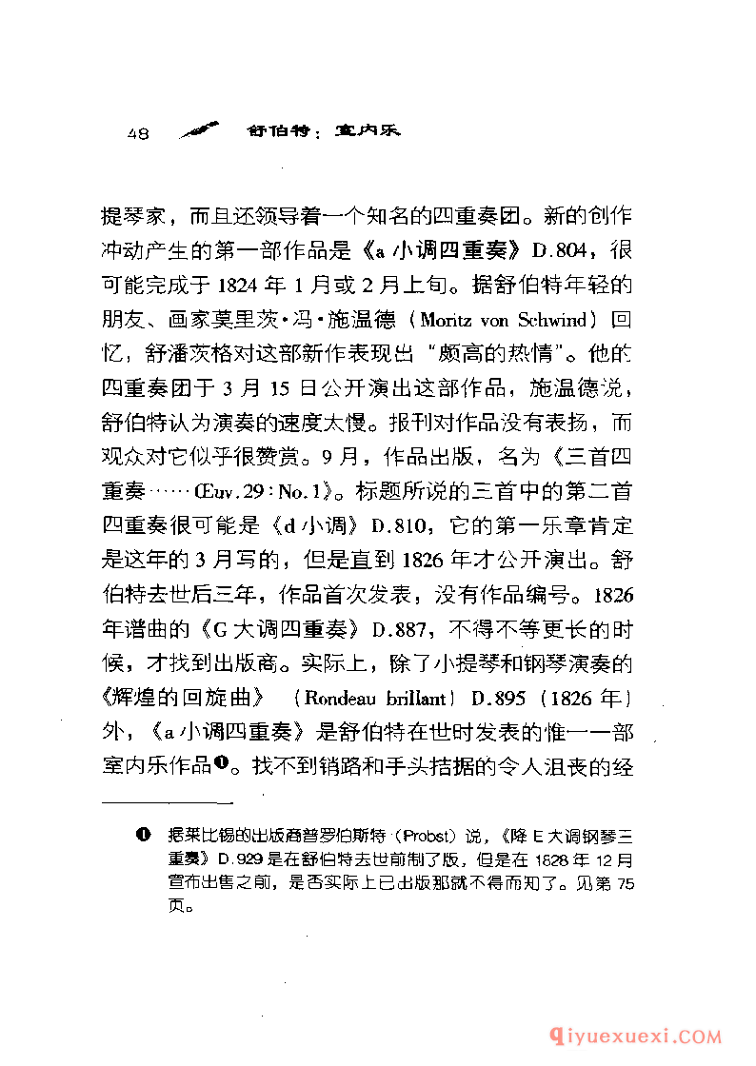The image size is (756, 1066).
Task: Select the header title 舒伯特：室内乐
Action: coord(322,132)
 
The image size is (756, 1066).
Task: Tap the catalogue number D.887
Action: coord(403,627)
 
